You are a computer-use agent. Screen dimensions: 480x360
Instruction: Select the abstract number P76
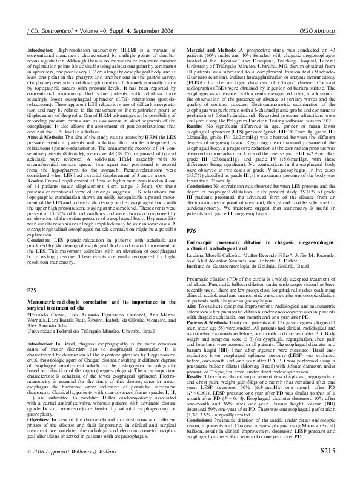191,248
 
